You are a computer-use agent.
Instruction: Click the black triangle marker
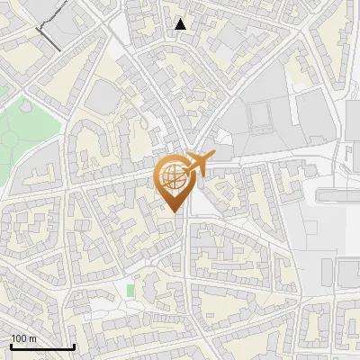(181, 24)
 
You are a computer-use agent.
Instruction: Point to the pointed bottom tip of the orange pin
(175, 211)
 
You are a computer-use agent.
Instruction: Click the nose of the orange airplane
(213, 157)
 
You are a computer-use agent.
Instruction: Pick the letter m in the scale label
(31, 338)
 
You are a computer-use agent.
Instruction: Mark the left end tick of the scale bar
(11, 346)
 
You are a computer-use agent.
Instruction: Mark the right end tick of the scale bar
(74, 346)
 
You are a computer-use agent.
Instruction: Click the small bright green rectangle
(130, 291)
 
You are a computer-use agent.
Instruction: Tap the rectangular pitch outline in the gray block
(261, 117)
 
